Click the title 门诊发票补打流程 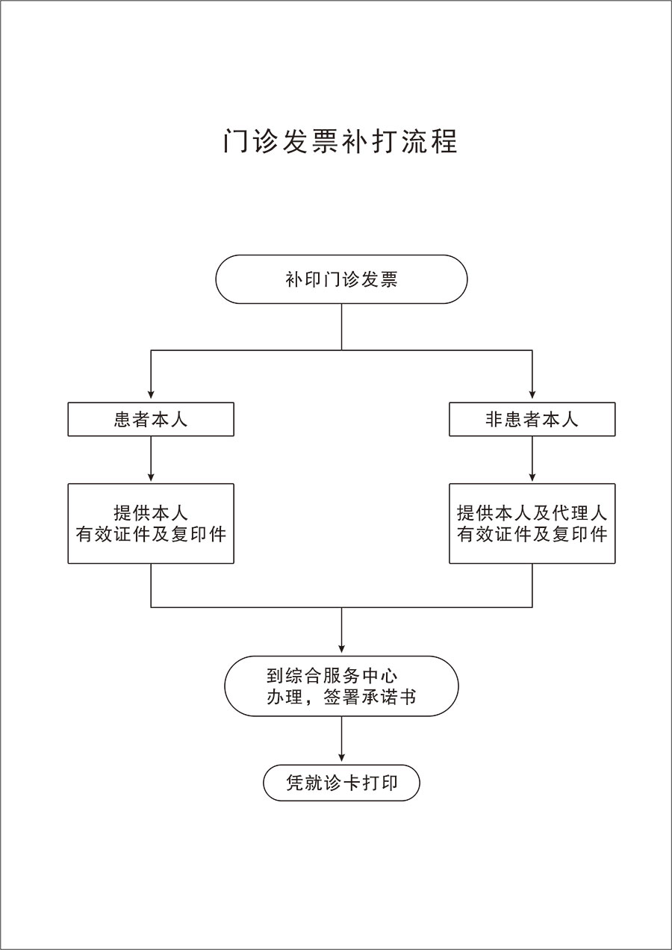coord(340,141)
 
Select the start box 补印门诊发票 coord(341,279)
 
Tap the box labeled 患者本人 coord(151,419)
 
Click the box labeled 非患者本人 coord(532,419)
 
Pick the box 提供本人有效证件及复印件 coord(151,524)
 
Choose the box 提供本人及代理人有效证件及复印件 coord(532,524)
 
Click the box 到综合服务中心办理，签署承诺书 coord(341,686)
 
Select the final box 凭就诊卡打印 coord(341,783)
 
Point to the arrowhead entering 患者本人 coord(151,394)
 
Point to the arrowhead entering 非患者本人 coord(532,394)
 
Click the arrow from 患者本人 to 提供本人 coord(151,459)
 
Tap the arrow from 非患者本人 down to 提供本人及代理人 coord(532,459)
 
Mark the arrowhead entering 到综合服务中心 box coord(341,649)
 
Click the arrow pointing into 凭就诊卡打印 coord(341,739)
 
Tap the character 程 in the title coord(444,141)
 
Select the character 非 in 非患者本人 coord(494,420)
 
